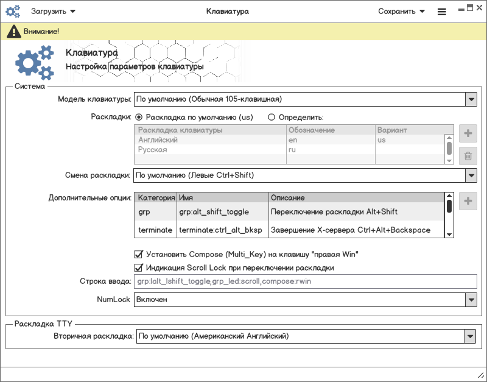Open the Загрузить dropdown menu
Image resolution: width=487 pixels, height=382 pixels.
(53, 11)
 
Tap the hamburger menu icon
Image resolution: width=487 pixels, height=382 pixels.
(442, 12)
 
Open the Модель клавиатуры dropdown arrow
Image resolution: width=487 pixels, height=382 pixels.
(471, 99)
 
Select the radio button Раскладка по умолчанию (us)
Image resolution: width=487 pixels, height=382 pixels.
(139, 117)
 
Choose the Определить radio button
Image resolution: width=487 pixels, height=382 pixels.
(272, 117)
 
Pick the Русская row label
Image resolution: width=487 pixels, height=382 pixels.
(152, 149)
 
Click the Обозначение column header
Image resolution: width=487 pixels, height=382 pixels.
(312, 130)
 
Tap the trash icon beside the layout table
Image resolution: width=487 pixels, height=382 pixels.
(468, 156)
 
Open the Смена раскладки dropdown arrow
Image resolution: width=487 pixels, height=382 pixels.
(471, 175)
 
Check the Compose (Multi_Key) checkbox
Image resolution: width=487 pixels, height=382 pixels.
(138, 254)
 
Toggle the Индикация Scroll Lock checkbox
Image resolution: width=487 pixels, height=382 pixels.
(138, 267)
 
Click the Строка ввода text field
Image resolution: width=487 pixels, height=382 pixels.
(304, 281)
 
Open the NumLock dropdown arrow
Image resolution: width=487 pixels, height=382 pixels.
(471, 300)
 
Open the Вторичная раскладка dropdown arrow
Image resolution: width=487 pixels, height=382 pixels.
(469, 336)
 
